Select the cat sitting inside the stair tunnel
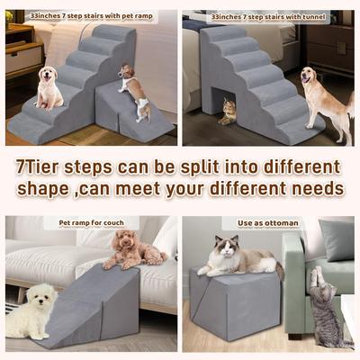228,111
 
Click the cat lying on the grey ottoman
237,258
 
